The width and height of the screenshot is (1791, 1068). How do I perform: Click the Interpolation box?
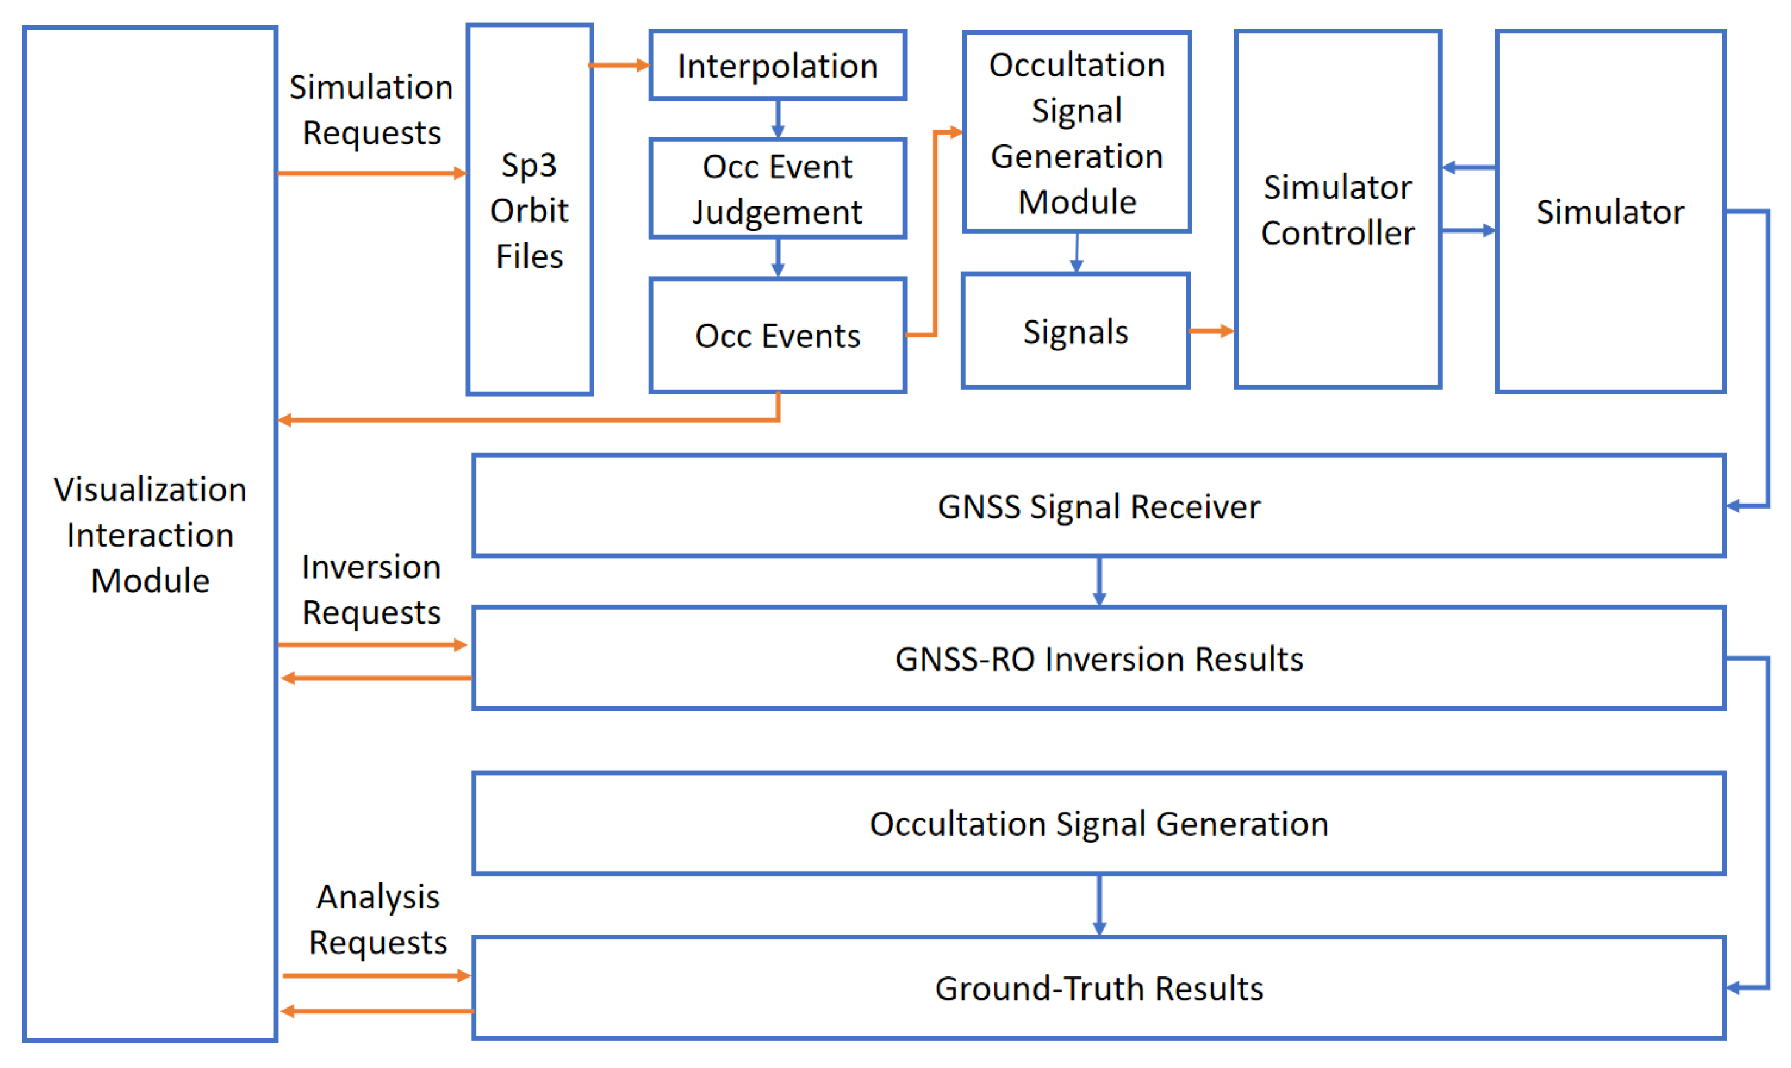click(x=778, y=66)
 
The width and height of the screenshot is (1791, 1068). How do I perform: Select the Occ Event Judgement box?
click(x=778, y=189)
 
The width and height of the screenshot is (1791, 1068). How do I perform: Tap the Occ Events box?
click(x=778, y=336)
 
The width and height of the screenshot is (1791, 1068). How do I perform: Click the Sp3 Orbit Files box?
click(x=529, y=210)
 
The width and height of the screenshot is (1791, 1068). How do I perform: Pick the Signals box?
click(x=1075, y=332)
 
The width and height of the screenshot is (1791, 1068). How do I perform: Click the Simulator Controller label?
click(x=1337, y=210)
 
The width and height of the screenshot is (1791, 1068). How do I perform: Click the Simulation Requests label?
click(x=372, y=110)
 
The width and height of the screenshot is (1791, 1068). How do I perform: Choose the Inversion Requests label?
click(x=372, y=590)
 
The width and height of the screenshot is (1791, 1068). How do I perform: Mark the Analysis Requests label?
click(x=378, y=921)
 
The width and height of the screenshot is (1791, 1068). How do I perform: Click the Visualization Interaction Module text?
click(x=151, y=535)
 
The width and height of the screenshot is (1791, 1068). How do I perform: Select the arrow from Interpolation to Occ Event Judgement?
click(x=778, y=119)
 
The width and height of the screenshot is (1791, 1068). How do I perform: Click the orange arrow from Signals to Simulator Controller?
click(x=1212, y=331)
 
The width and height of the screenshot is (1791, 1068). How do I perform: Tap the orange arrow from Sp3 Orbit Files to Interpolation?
click(x=620, y=66)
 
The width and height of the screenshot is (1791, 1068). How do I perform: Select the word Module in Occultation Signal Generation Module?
click(x=1077, y=202)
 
